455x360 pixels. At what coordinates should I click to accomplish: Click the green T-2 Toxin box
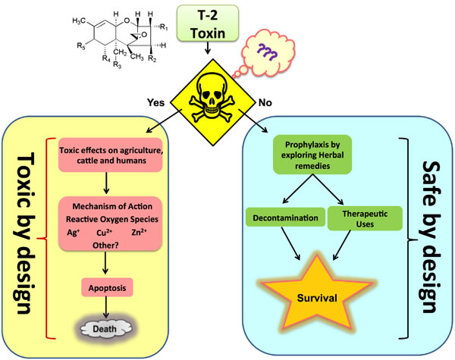(208, 23)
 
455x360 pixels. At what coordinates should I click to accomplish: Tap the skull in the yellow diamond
(211, 96)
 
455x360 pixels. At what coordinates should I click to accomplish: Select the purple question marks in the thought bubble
(267, 52)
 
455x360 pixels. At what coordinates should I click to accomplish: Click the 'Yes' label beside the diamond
(155, 102)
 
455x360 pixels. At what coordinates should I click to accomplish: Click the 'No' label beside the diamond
(265, 102)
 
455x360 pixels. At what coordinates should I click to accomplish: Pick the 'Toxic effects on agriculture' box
(111, 155)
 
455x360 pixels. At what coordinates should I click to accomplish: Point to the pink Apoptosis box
(108, 287)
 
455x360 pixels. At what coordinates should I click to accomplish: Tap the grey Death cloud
(105, 329)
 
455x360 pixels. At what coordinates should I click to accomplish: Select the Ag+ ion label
(74, 233)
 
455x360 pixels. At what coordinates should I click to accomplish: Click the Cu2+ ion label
(105, 233)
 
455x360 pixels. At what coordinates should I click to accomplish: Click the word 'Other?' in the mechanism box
(105, 246)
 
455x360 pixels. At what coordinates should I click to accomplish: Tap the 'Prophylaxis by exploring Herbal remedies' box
(312, 155)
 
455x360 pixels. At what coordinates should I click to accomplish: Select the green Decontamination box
(286, 218)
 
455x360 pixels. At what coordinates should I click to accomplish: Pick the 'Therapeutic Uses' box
(365, 218)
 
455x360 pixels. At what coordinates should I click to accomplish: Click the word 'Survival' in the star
(317, 298)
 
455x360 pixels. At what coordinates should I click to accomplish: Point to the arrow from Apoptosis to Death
(106, 307)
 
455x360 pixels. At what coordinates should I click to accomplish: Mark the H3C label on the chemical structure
(79, 20)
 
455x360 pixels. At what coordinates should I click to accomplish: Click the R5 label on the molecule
(81, 45)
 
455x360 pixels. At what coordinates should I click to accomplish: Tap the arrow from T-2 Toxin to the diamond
(208, 48)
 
